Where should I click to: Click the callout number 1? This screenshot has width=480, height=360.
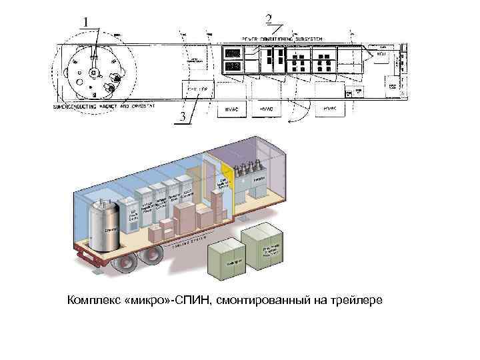pos(87,21)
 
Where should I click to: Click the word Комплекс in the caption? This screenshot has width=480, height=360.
pos(94,301)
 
